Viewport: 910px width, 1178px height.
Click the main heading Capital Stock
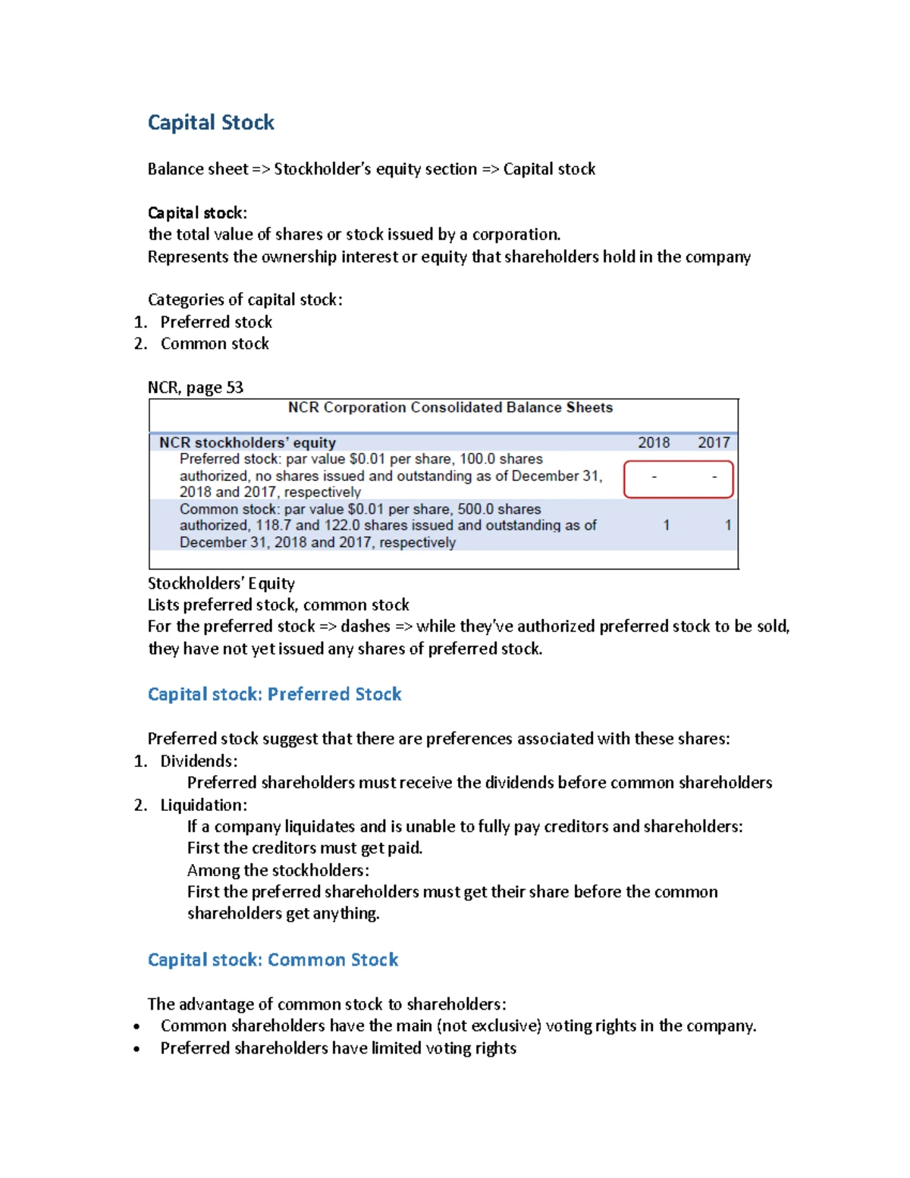coord(211,123)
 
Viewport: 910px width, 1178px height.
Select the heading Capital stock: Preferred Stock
coord(275,694)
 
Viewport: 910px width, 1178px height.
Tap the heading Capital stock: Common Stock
coord(273,960)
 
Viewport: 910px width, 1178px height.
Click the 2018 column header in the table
coord(654,442)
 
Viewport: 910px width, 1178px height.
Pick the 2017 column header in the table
coord(714,442)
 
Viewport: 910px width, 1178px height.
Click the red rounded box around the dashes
coord(679,479)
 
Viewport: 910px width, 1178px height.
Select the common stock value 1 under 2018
coord(667,525)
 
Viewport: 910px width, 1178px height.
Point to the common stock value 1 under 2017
coord(728,525)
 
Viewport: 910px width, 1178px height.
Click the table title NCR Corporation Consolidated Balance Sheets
coord(450,407)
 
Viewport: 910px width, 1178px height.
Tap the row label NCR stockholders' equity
coord(247,442)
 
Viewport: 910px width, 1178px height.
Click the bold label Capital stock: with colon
coord(197,212)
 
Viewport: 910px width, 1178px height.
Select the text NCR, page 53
coord(196,388)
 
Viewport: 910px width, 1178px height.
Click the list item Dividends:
coord(199,761)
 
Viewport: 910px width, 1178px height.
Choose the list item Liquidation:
coord(203,805)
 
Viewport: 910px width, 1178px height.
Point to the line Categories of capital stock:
coord(245,300)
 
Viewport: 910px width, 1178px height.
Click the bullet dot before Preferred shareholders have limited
coord(136,1049)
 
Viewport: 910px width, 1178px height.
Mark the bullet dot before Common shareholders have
coord(136,1027)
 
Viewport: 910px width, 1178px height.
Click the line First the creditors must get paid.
coord(305,848)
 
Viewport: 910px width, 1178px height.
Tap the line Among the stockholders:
coord(278,870)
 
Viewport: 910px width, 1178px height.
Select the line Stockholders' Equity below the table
coord(221,583)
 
